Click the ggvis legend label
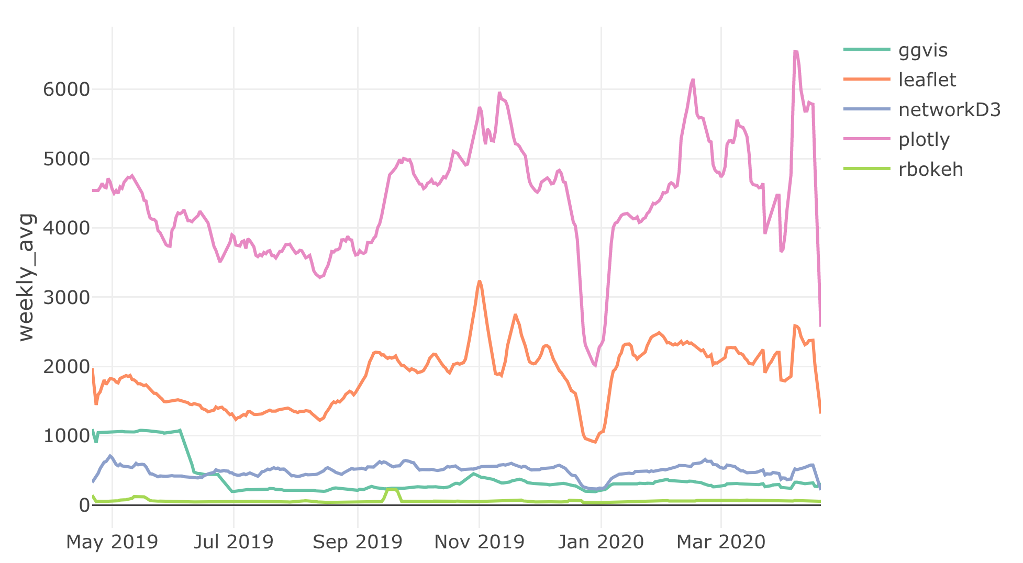[922, 50]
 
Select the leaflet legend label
[927, 80]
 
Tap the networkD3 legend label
[949, 110]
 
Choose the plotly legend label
[924, 140]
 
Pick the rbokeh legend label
[930, 170]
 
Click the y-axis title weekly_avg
[26, 277]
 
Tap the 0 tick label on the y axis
[84, 505]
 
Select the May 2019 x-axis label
[112, 542]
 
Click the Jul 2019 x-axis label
[233, 542]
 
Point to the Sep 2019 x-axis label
[358, 542]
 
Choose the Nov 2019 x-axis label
[479, 542]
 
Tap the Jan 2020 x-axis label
[601, 542]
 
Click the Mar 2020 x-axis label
[721, 542]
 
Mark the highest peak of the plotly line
[795, 51]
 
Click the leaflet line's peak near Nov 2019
[479, 281]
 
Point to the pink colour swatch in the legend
[866, 139]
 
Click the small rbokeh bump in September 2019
[392, 489]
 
